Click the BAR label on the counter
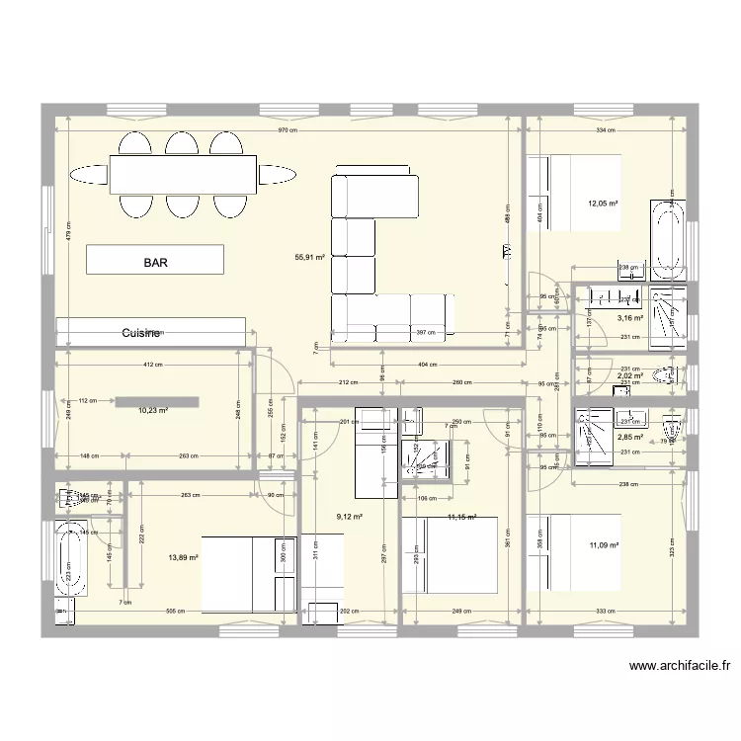[155, 264]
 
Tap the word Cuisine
[141, 334]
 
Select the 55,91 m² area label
[309, 258]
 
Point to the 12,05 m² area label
[603, 204]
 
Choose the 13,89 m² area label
[184, 557]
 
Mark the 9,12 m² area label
[349, 516]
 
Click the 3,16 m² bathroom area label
[630, 318]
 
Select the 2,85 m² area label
[630, 437]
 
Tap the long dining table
[182, 175]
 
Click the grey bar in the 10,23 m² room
[157, 401]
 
